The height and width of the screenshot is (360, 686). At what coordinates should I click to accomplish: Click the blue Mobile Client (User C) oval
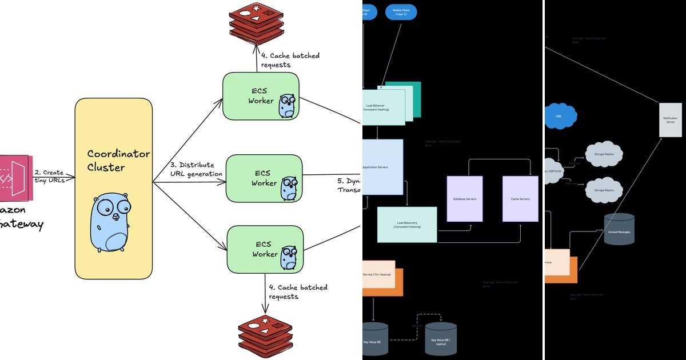(401, 11)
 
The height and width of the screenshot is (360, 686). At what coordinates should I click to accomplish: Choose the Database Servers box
(464, 198)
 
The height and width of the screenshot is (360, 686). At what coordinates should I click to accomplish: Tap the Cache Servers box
(520, 198)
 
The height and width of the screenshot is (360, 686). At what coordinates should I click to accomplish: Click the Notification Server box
(670, 119)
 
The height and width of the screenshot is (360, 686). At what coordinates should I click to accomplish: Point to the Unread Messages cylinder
(619, 229)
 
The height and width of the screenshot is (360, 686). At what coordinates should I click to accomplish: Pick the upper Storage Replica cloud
(604, 154)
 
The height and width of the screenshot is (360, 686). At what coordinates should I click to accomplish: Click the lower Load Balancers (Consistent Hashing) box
(406, 225)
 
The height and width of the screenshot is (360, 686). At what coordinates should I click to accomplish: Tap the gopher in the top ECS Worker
(287, 106)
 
